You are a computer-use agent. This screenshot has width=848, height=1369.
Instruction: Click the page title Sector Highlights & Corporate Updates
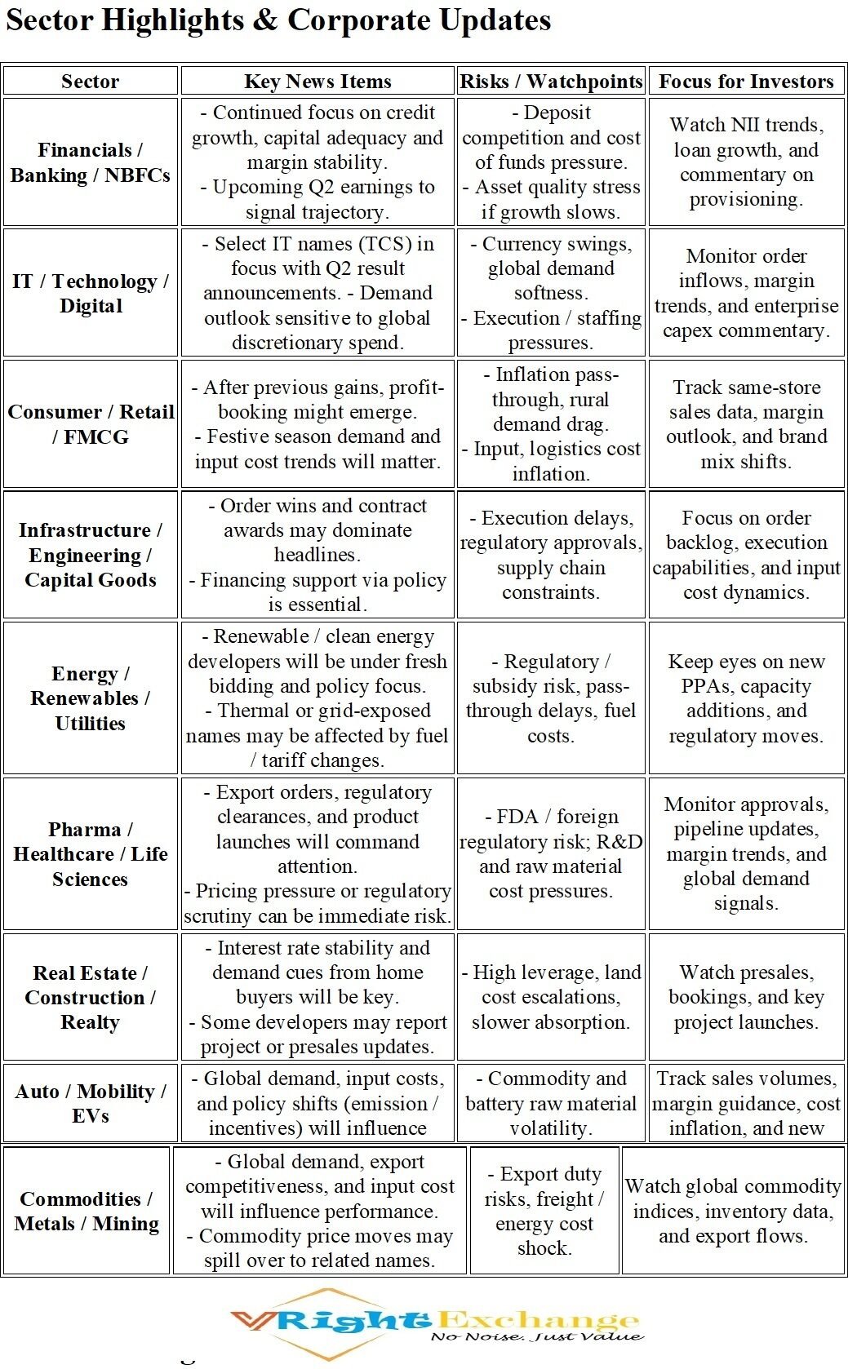[x=278, y=21]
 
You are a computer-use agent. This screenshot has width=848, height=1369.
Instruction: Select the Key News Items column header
[x=317, y=82]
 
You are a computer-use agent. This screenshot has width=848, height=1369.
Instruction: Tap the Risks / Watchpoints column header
[x=551, y=82]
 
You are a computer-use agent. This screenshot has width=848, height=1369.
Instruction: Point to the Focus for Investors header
[x=746, y=82]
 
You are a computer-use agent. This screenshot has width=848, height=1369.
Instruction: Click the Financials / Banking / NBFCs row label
[x=90, y=162]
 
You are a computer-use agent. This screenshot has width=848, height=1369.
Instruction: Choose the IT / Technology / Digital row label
[x=90, y=294]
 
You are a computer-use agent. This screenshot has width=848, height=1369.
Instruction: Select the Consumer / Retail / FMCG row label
[x=90, y=424]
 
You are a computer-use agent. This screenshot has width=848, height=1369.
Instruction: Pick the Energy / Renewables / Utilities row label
[x=90, y=698]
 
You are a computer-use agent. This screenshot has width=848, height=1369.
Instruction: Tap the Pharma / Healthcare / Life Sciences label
[x=90, y=854]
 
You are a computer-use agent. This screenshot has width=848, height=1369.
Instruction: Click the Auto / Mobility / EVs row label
[x=90, y=1103]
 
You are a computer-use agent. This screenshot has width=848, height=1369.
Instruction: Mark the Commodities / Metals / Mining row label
[x=87, y=1212]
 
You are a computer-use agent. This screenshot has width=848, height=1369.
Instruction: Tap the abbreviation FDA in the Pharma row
[x=517, y=817]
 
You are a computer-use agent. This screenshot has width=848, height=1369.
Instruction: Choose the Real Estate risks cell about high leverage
[x=551, y=997]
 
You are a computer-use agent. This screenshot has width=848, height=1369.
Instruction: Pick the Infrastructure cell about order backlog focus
[x=746, y=555]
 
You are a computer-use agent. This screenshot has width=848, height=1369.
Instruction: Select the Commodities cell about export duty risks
[x=544, y=1211]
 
